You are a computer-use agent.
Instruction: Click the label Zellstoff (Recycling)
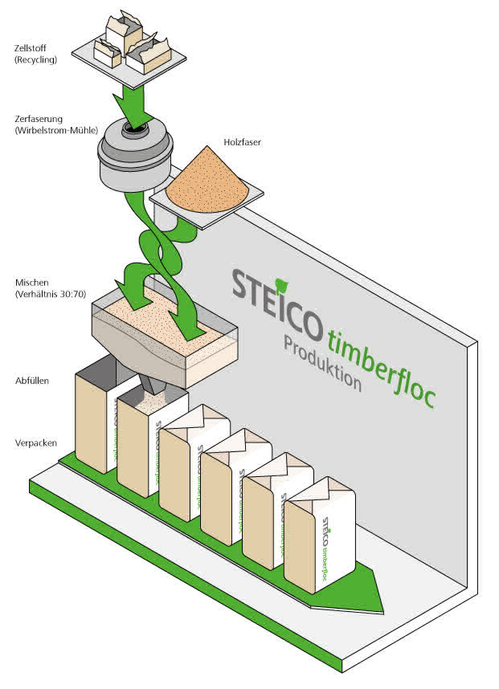[35, 54]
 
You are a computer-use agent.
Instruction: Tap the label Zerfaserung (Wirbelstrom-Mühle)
[56, 124]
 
